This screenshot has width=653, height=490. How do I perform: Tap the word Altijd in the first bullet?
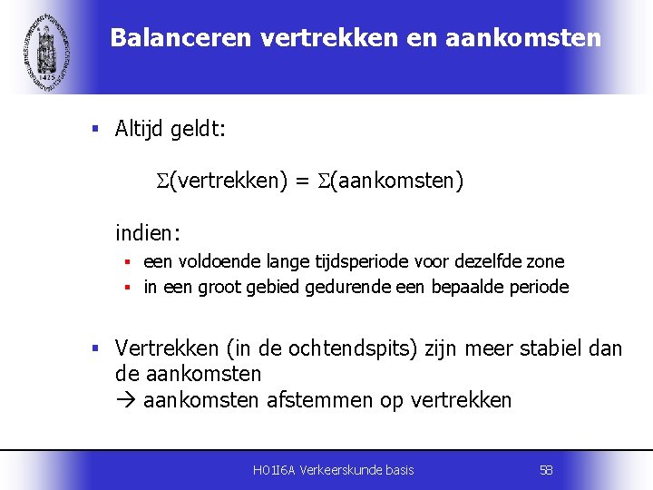(140, 129)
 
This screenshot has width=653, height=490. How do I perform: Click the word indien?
(148, 233)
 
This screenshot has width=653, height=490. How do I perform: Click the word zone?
(546, 261)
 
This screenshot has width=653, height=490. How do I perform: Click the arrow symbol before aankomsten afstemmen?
(125, 400)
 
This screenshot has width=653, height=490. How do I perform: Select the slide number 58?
(546, 469)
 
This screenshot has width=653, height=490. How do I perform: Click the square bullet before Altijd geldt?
(95, 130)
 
